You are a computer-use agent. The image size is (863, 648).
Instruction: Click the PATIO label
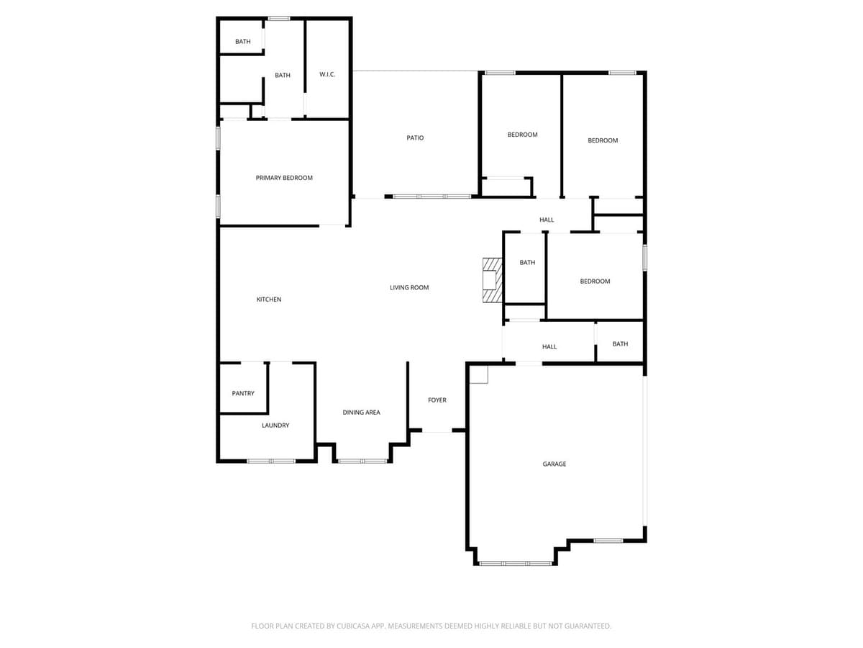pos(415,138)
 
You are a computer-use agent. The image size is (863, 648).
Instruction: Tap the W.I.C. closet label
pos(327,75)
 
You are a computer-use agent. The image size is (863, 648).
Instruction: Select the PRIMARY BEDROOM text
pos(284,178)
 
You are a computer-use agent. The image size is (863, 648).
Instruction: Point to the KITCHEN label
pos(269,300)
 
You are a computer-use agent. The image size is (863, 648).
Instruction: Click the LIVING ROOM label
pos(409,288)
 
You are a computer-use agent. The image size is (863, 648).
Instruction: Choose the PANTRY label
pos(243,394)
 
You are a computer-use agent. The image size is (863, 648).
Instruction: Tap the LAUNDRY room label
pos(275,426)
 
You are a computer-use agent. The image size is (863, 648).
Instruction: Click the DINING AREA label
pos(361,413)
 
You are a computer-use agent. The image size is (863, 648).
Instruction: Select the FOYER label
pos(437,400)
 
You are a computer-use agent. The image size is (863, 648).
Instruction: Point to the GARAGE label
pos(554,464)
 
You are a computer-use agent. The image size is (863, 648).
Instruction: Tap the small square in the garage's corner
pos(478,374)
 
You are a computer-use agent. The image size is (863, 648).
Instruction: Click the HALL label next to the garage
pos(549,347)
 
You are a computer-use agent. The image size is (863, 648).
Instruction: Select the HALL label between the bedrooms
pos(547,220)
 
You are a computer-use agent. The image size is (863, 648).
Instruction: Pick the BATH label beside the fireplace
pos(527,263)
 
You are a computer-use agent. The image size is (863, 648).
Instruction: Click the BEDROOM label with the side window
pos(595,282)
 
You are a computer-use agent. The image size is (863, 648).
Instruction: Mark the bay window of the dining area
pos(363,460)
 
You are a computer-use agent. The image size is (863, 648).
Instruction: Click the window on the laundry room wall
pos(271,460)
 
